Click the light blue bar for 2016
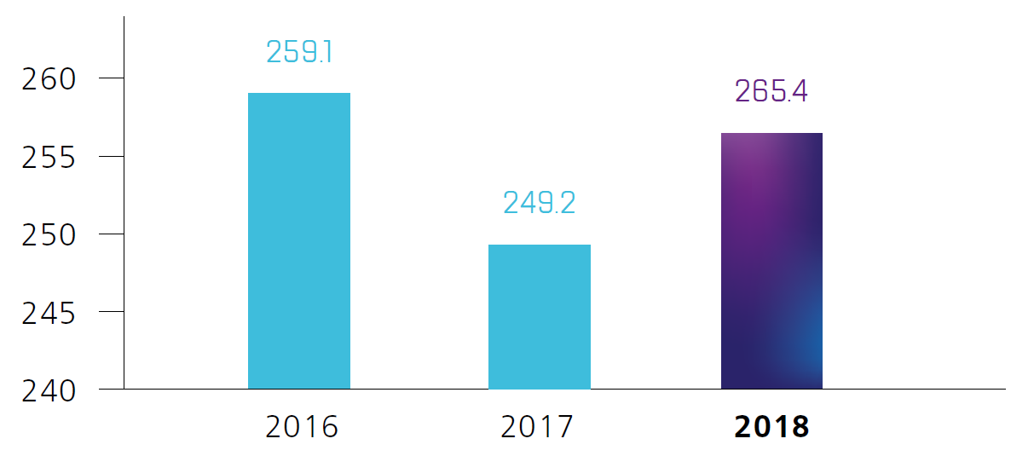click(x=298, y=240)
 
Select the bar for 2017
click(x=539, y=316)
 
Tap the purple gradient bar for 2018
click(x=771, y=261)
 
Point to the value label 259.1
click(x=299, y=52)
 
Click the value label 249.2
click(x=539, y=203)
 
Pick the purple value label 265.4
click(x=771, y=91)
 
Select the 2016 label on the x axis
click(x=302, y=426)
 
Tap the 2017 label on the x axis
click(x=538, y=426)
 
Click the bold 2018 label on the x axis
click(x=771, y=426)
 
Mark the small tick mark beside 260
click(x=112, y=78)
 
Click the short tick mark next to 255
click(x=112, y=156)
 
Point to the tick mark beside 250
click(x=112, y=234)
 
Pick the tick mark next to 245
click(x=112, y=311)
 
